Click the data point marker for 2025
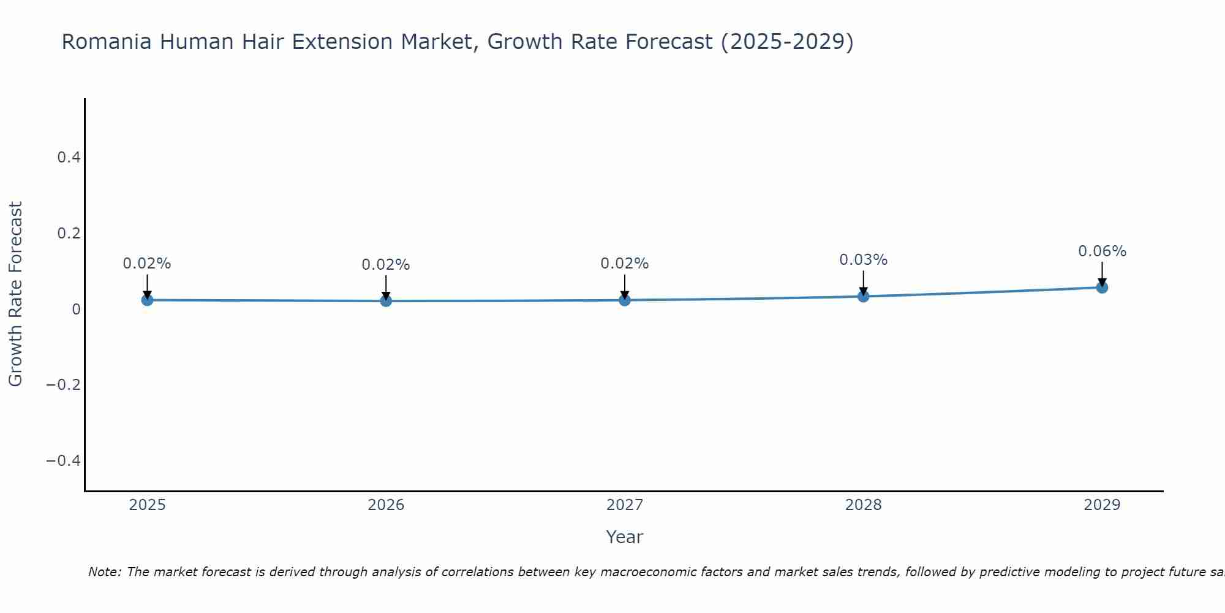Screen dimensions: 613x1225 [x=147, y=300]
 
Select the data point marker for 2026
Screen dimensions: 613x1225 [x=386, y=300]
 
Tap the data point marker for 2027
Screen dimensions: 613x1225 [x=625, y=300]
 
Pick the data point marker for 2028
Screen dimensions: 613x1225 [x=863, y=296]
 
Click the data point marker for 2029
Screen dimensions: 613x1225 [x=1102, y=287]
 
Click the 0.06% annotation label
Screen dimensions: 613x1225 [x=1102, y=251]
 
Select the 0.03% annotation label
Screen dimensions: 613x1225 [x=863, y=260]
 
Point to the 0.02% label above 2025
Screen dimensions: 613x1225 [x=147, y=264]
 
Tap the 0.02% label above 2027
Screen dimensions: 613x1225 [x=625, y=264]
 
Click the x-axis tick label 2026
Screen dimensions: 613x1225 [x=386, y=505]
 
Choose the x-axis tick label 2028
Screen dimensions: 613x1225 [x=863, y=505]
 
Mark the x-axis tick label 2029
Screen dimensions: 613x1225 [x=1102, y=505]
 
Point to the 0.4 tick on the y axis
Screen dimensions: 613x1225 [x=69, y=158]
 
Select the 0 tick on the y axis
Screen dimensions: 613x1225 [x=76, y=309]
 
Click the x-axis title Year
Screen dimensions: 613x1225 [x=624, y=537]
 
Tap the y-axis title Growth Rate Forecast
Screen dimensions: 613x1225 [x=15, y=294]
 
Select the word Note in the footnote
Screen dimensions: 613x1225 [x=104, y=572]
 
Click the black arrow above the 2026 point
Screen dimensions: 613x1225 [x=386, y=286]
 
